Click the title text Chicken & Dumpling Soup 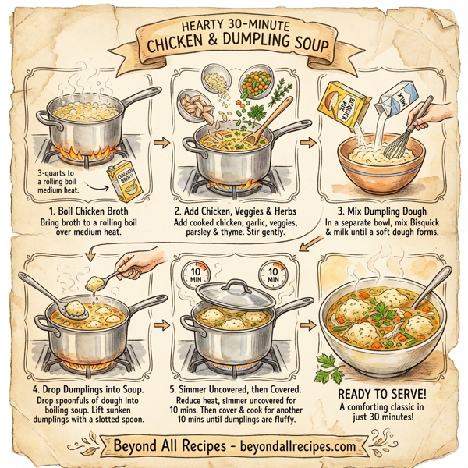pyautogui.click(x=234, y=49)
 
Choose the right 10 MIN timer pyautogui.click(x=272, y=275)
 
